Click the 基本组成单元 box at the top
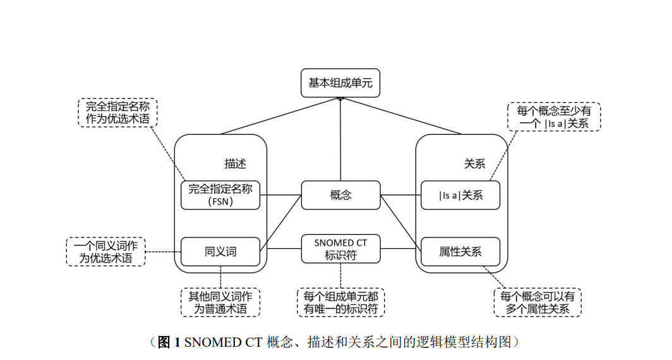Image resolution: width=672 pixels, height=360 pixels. point(340,83)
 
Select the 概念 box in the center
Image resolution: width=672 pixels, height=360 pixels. point(340,195)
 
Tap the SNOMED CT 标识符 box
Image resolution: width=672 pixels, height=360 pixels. point(340,249)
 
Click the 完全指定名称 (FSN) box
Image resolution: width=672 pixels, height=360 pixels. point(220,195)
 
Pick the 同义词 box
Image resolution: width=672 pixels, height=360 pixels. point(220,251)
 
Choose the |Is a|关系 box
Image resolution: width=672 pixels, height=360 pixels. point(460,195)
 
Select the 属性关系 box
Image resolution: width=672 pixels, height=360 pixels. point(460,251)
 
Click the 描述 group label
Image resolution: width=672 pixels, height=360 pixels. point(235,164)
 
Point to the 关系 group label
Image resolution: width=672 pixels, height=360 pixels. point(474,164)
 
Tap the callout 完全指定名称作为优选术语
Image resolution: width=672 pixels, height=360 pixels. point(117,112)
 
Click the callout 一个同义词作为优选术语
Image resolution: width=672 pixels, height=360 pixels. point(105,251)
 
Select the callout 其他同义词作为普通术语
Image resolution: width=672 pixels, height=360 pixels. point(220,302)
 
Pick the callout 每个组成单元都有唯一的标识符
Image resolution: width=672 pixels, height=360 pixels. point(340,302)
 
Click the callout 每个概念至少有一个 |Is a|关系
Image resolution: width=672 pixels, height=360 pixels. point(554,117)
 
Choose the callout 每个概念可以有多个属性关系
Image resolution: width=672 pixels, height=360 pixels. point(537,302)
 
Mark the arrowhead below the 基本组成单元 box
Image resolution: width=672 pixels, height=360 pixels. point(340,100)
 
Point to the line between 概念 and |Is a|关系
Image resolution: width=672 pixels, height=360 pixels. point(400,195)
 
